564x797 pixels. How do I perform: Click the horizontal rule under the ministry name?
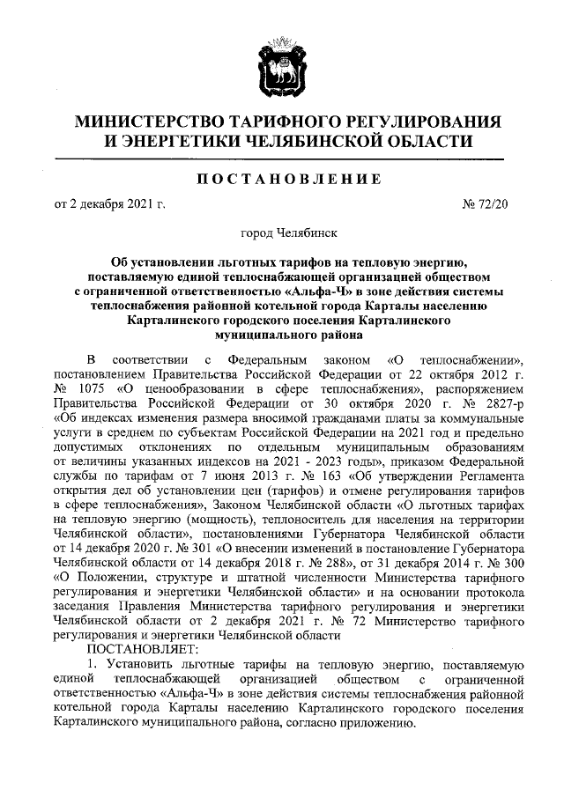[x=282, y=159]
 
